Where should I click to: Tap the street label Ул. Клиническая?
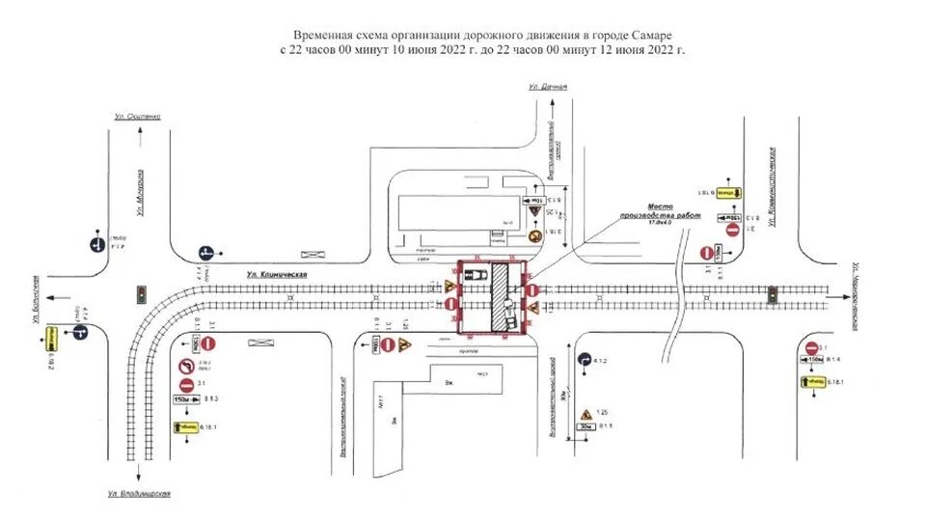[277, 275]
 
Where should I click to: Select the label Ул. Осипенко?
[137, 115]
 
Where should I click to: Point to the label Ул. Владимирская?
[140, 494]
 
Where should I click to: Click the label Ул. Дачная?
[548, 87]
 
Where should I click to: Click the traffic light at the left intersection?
[140, 293]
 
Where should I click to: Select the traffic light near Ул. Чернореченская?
[772, 292]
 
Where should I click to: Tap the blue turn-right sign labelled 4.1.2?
[586, 360]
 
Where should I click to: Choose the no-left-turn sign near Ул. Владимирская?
[186, 367]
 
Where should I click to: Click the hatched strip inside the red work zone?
[499, 298]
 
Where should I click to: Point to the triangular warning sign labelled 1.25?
[586, 415]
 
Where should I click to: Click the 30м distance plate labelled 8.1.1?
[586, 426]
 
